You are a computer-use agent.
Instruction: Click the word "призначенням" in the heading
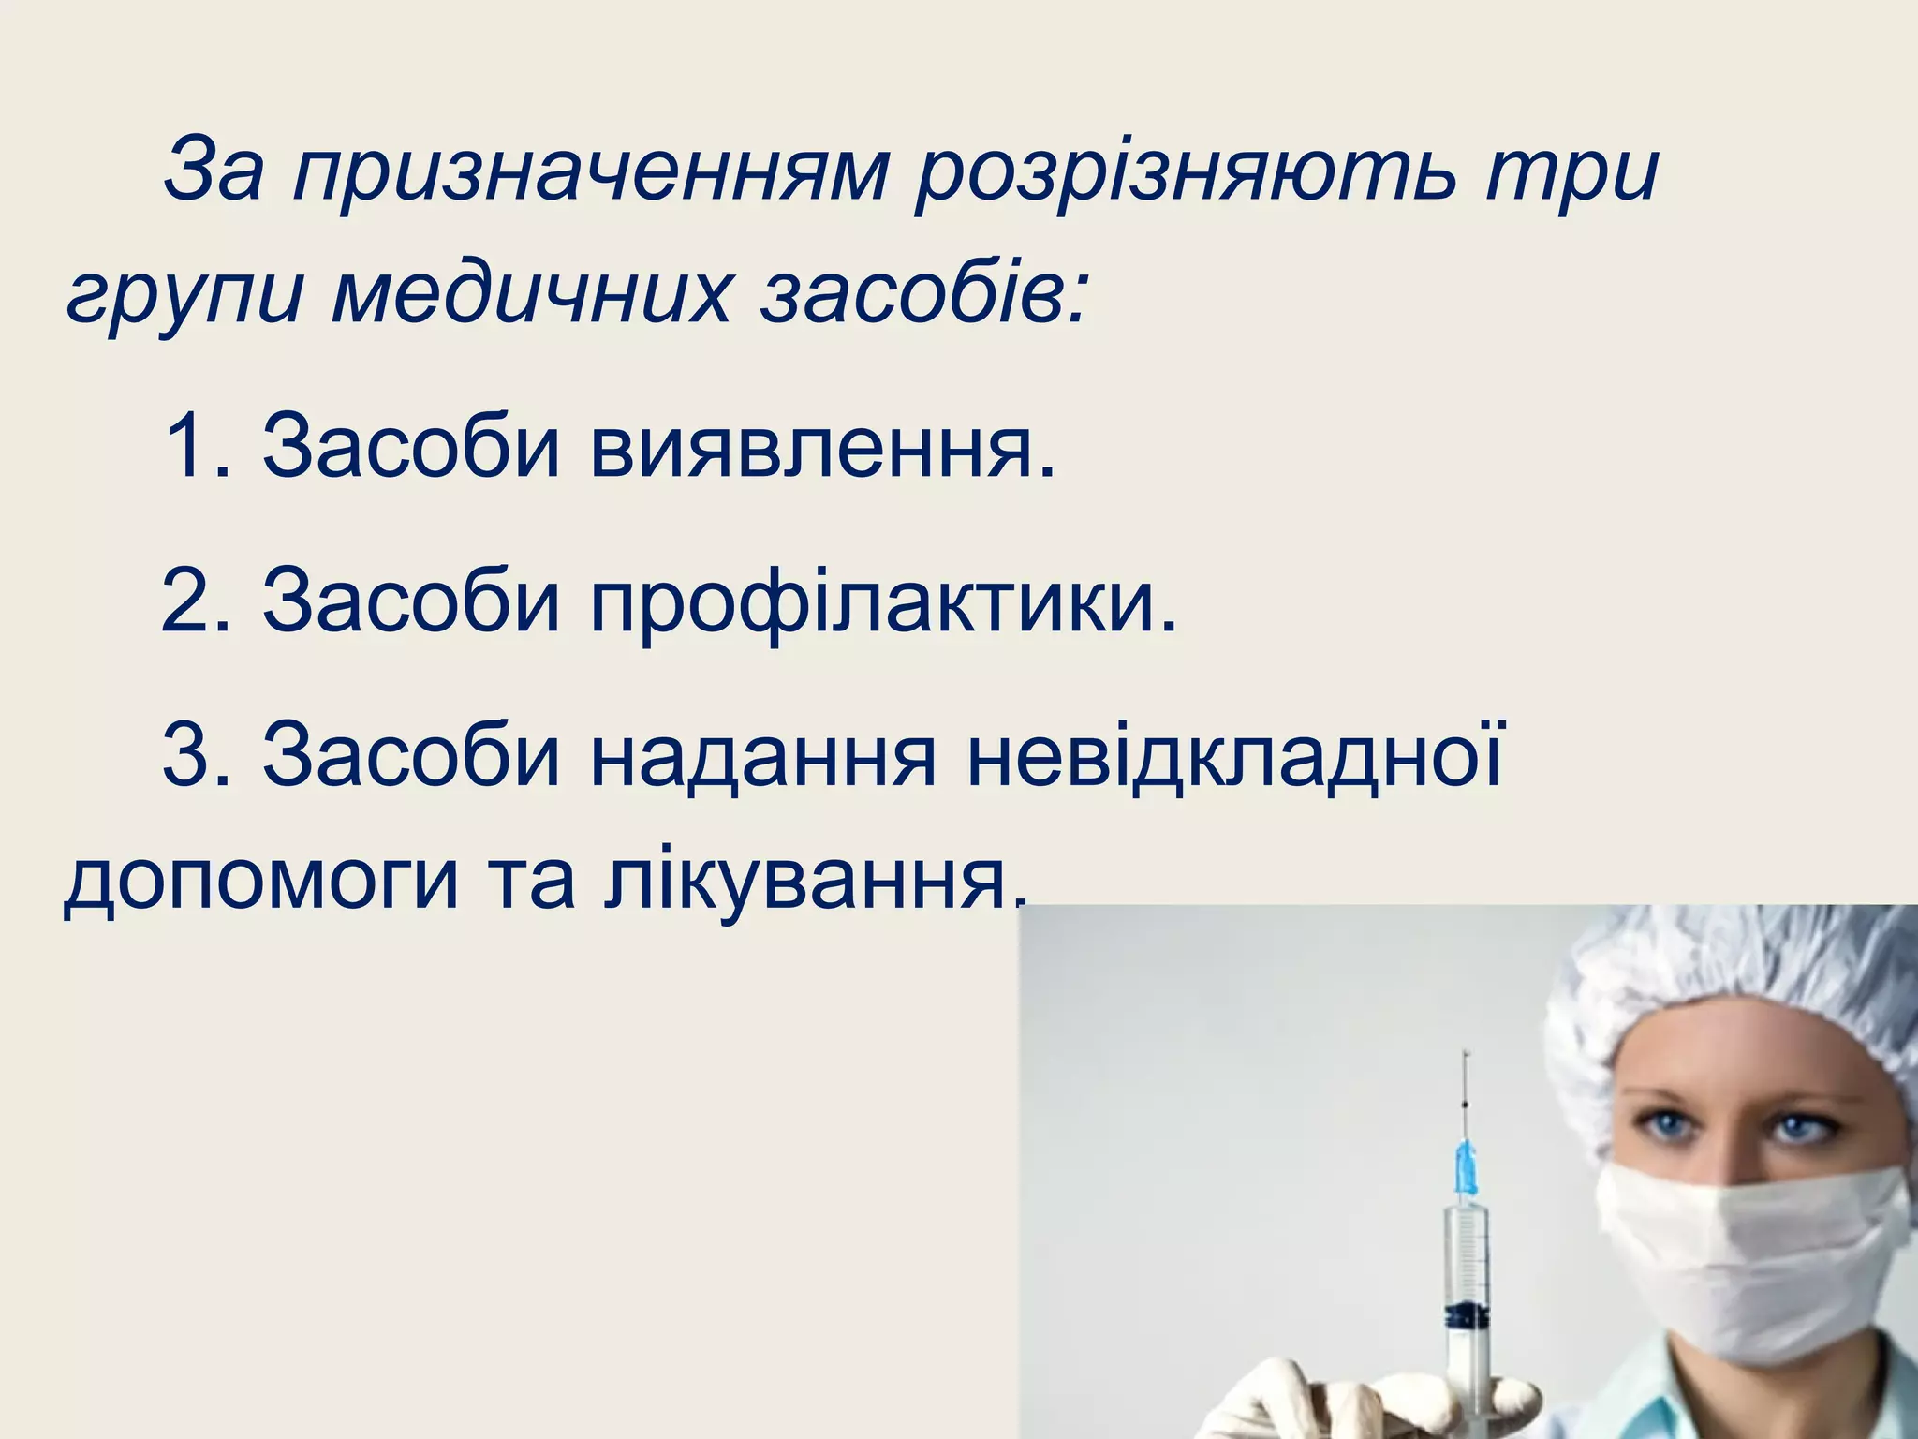[590, 173]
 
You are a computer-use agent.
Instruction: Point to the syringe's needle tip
[1466, 1054]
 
